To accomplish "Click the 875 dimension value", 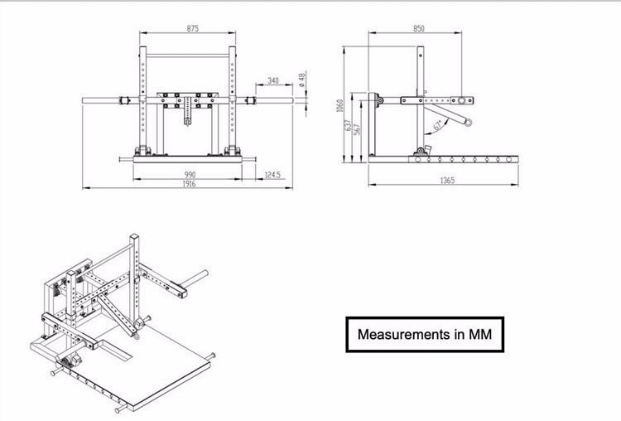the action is click(192, 28).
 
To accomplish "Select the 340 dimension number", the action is click(273, 80).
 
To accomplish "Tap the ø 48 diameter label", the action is click(301, 80).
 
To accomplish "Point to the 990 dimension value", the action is click(190, 174).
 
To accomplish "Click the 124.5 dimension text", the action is click(272, 174).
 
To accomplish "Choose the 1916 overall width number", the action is click(189, 184).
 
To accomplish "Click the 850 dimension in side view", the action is click(419, 28).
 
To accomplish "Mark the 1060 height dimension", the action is click(339, 105).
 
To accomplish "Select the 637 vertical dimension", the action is click(348, 126).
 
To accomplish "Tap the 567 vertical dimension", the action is click(357, 129).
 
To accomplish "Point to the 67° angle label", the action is click(438, 126).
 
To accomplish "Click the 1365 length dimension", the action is click(447, 181).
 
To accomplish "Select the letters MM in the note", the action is click(480, 334).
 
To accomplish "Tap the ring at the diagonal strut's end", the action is click(469, 123).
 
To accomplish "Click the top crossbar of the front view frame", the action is click(188, 56).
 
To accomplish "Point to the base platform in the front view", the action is click(187, 159).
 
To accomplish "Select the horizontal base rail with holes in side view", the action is click(443, 159).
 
